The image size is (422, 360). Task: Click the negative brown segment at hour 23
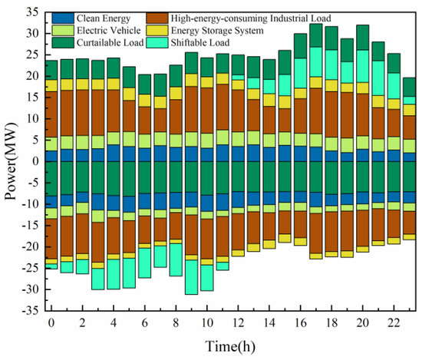(x=408, y=223)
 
